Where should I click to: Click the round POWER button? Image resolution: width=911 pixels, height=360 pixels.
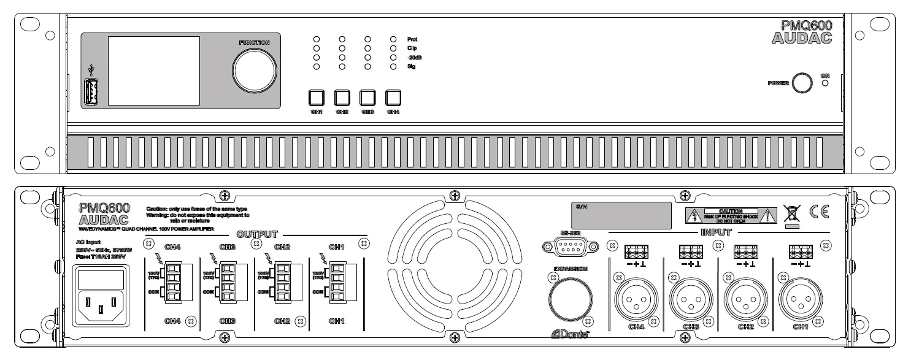[801, 82]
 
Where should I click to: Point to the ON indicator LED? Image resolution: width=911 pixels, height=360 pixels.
[825, 83]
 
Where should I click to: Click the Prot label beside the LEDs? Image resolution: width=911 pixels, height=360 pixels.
[412, 39]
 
